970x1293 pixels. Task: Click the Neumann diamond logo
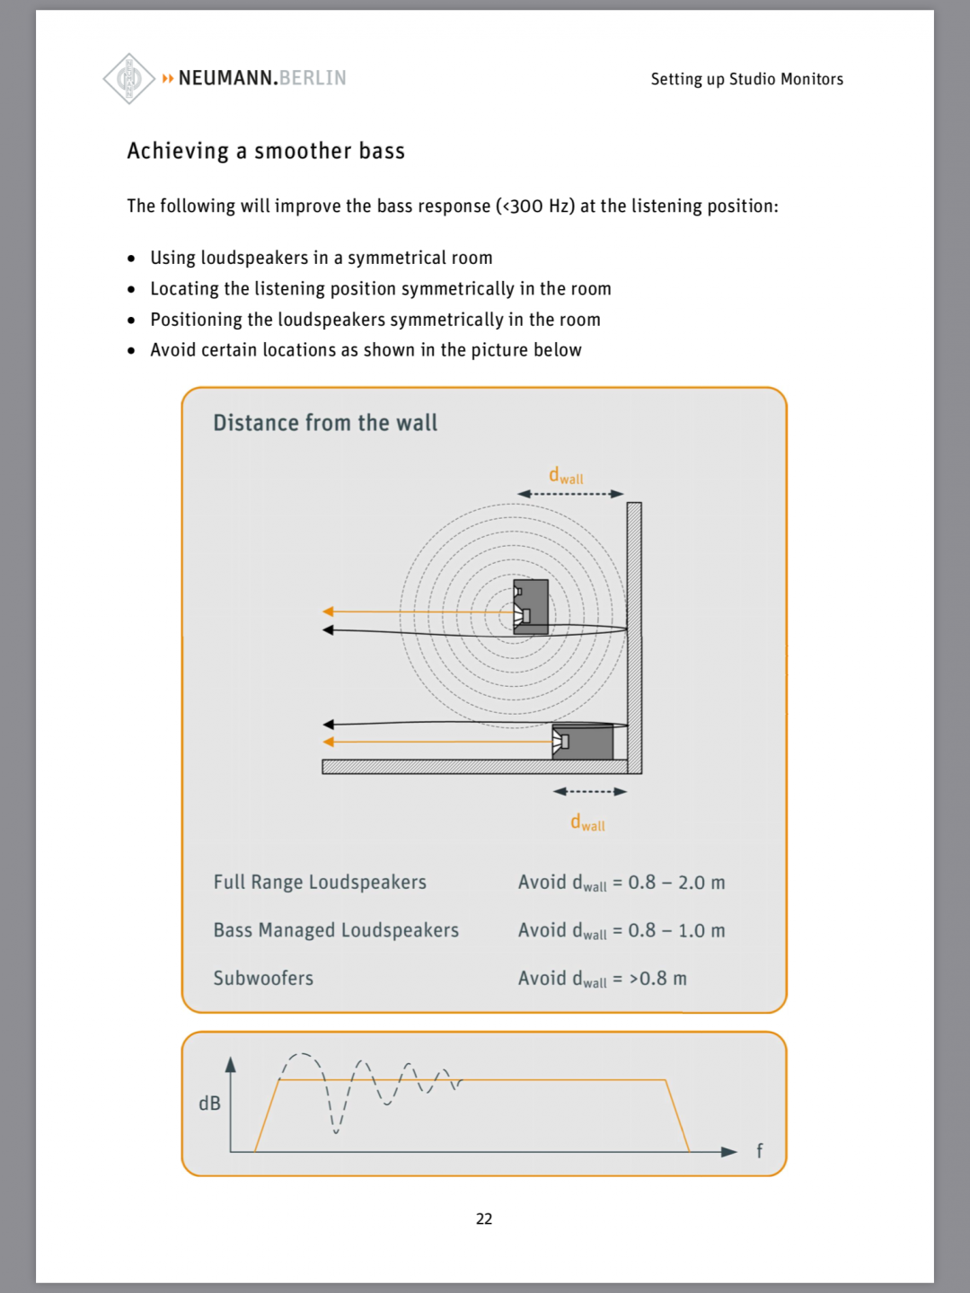click(x=129, y=79)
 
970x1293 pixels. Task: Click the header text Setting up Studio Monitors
click(x=746, y=79)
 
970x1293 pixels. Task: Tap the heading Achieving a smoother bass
click(x=266, y=151)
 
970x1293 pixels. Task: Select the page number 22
click(x=484, y=1218)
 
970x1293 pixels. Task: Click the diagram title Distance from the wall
click(x=325, y=423)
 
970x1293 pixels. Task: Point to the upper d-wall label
click(x=566, y=476)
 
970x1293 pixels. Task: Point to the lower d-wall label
click(x=587, y=822)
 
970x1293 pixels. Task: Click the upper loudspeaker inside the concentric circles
click(x=530, y=608)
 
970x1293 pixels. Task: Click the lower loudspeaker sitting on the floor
click(x=584, y=743)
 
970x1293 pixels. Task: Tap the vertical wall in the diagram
click(x=634, y=638)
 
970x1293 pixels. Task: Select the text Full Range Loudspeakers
click(x=320, y=883)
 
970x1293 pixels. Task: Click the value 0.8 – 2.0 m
click(x=676, y=883)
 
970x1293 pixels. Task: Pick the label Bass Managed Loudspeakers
click(x=336, y=930)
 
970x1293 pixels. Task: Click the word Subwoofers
click(x=263, y=978)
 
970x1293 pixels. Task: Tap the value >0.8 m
click(x=657, y=979)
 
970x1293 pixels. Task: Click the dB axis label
click(x=209, y=1104)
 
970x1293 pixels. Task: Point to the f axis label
click(x=759, y=1151)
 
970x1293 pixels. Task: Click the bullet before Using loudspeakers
click(x=131, y=259)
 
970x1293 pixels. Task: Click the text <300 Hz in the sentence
click(x=535, y=207)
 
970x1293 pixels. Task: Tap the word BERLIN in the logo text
click(x=313, y=78)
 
